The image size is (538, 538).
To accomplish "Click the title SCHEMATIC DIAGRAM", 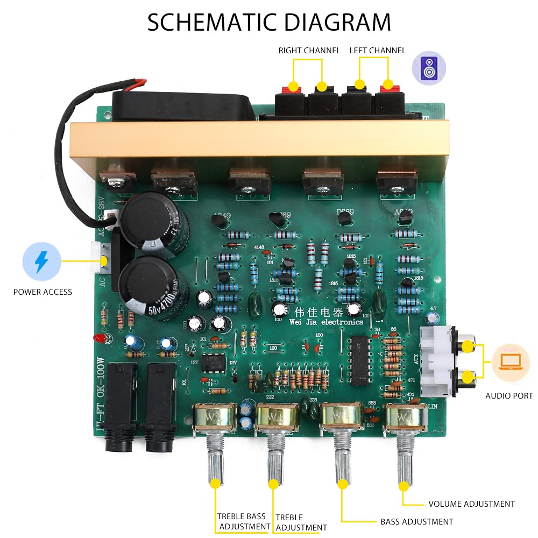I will coord(269,22).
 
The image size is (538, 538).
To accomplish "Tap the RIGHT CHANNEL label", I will coord(309,51).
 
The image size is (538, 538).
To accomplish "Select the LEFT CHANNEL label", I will coord(377,51).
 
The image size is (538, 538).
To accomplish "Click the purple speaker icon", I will coord(428,68).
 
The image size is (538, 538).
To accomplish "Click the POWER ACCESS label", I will coord(43,292).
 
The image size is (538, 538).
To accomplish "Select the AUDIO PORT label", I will coord(509,396).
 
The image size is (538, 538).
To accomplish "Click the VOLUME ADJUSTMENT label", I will coord(471,504).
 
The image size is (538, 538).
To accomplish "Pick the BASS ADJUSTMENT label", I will coord(416,521).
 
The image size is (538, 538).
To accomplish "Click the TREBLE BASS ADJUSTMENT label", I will coord(244,521).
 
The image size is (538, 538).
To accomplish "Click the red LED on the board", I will coord(99,338).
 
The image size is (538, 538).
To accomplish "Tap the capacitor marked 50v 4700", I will coord(154,286).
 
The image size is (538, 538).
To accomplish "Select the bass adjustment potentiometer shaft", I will coord(341,457).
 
